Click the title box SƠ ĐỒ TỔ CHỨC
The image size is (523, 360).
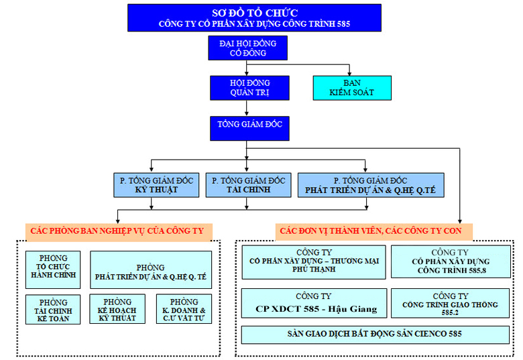pos(254,17)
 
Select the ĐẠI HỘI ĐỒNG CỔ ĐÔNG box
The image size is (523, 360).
pos(247,48)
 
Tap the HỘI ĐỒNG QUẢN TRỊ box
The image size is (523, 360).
pos(249,87)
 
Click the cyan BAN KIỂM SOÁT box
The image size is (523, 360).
pos(352,87)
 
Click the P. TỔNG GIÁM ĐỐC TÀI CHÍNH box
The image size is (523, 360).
pos(249,185)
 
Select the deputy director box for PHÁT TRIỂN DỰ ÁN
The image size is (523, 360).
pos(369,185)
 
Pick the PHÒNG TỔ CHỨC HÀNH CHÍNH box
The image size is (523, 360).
pos(53,269)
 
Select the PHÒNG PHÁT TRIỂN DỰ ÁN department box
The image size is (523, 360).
pos(151,269)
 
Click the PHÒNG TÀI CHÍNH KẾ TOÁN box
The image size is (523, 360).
pos(53,310)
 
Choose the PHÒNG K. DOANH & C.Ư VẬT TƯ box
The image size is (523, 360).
pos(184,310)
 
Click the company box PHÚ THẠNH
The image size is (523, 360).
pos(314,262)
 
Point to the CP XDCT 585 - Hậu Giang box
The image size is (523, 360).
pos(314,303)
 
